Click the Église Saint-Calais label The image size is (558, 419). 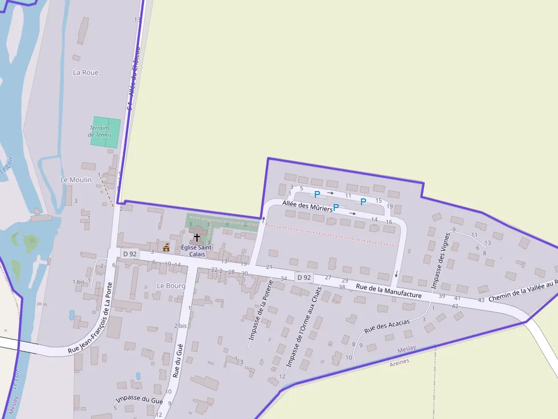click(196, 251)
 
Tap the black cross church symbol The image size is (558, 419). click(197, 237)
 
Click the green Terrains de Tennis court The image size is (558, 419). click(106, 132)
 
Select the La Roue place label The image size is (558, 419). click(86, 72)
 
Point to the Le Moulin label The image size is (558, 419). click(76, 180)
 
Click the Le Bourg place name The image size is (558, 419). click(171, 285)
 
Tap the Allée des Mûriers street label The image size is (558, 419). click(307, 206)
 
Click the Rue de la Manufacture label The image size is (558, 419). click(389, 291)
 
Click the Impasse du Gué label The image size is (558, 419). click(139, 400)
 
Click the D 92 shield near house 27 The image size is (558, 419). click(303, 277)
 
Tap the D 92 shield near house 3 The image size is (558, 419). click(130, 254)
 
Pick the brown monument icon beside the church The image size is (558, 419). click(166, 247)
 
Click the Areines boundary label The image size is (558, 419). click(400, 361)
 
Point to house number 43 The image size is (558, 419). click(481, 300)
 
